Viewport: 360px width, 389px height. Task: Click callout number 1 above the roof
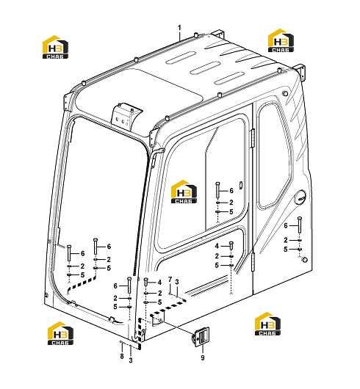[x=179, y=28]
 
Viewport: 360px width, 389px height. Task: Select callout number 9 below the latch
[x=203, y=357]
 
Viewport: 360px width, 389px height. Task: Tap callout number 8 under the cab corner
[x=122, y=356]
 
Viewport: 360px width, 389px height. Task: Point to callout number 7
[x=170, y=280]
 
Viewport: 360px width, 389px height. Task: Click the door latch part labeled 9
[x=201, y=336]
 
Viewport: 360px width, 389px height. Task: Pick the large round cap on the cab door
[x=300, y=197]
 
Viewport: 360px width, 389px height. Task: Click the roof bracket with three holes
[x=126, y=116]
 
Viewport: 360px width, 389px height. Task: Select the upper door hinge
[x=253, y=139]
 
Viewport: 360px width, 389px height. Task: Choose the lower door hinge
[x=253, y=262]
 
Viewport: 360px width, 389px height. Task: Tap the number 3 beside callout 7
[x=177, y=282]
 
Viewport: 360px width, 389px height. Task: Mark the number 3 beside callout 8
[x=131, y=360]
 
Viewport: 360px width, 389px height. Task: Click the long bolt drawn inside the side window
[x=217, y=190]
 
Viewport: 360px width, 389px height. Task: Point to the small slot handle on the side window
[x=240, y=185]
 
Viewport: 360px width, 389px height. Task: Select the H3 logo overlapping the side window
[x=184, y=192]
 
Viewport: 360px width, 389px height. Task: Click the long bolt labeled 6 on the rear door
[x=300, y=225]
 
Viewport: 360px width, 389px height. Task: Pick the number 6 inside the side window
[x=231, y=191]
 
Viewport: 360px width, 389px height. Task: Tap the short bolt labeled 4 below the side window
[x=231, y=246]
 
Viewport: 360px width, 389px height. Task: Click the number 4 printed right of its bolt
[x=159, y=283]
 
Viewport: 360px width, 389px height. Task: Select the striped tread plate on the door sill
[x=208, y=286]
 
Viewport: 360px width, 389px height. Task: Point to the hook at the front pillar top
[x=157, y=154]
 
